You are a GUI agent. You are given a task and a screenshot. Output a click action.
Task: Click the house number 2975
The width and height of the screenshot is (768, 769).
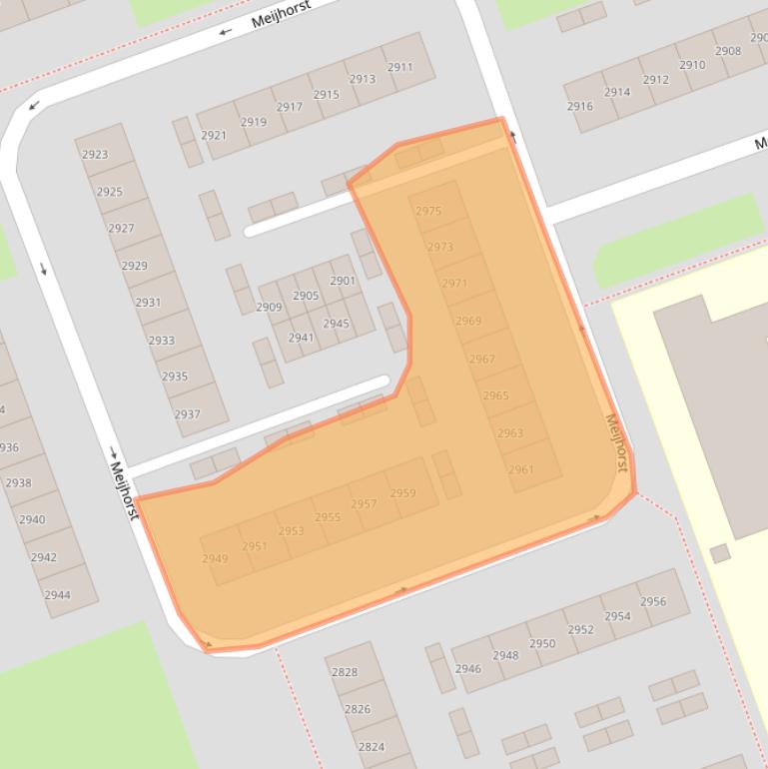tap(428, 211)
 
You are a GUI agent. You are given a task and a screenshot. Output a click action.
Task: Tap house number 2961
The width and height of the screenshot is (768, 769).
tap(520, 469)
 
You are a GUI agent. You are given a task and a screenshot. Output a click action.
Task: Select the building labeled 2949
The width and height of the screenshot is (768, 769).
tap(215, 559)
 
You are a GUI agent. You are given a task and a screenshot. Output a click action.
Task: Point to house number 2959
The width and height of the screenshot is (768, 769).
tap(402, 493)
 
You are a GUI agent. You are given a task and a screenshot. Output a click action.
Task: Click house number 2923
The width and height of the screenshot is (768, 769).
tap(95, 155)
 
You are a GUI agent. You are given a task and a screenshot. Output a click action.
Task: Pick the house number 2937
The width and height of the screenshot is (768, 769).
tap(187, 414)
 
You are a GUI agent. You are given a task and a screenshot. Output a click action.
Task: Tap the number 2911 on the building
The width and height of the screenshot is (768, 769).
tap(399, 67)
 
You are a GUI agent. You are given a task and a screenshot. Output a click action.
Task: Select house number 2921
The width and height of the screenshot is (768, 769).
tap(213, 136)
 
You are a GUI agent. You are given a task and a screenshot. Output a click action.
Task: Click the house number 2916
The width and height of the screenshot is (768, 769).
tap(579, 106)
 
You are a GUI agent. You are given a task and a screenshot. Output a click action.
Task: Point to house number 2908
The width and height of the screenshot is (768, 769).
tap(728, 51)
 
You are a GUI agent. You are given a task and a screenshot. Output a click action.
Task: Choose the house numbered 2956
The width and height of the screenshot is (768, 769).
tap(653, 601)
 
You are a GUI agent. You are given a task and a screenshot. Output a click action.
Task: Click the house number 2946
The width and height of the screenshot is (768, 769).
tap(467, 669)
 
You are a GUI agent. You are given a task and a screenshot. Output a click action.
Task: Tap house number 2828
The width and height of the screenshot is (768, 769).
tap(344, 672)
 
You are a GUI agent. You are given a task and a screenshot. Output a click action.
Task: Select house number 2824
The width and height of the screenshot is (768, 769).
tap(371, 746)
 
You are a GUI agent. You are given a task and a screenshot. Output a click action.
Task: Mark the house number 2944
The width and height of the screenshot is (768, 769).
tap(57, 595)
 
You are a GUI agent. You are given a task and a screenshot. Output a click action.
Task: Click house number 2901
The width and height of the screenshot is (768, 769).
tap(342, 281)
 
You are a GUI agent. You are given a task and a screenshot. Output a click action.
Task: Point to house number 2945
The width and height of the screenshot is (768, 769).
tap(336, 324)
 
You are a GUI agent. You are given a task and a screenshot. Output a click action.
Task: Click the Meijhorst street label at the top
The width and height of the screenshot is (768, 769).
tap(280, 13)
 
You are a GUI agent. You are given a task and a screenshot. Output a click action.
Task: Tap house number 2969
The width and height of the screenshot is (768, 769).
tap(467, 321)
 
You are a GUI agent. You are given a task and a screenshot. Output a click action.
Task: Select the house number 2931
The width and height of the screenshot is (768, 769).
tap(148, 303)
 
